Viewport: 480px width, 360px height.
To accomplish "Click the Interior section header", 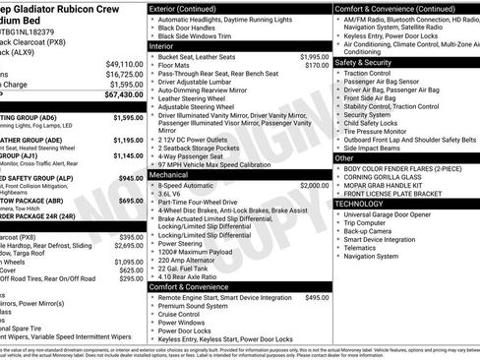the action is pos(162,45).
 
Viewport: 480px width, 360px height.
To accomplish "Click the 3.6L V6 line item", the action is pos(177,194).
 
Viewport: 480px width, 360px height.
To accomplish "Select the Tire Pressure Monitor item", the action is pos(385,130).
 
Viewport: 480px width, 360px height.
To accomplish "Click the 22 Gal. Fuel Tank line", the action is pos(187,269).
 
